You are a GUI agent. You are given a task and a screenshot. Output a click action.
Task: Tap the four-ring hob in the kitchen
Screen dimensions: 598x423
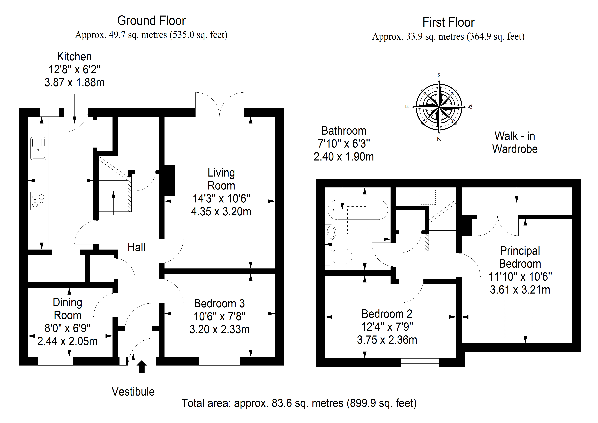click(x=38, y=201)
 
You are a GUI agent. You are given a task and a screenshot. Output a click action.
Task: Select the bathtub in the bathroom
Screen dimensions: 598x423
click(x=358, y=210)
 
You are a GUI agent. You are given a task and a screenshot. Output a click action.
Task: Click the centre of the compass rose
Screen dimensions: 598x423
click(x=439, y=107)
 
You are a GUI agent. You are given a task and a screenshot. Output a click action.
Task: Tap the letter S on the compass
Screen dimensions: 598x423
click(x=439, y=75)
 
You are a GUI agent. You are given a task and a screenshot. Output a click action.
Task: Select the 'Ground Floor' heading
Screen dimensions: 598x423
click(x=151, y=21)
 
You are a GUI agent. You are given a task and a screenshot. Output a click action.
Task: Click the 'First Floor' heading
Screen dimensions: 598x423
click(x=448, y=22)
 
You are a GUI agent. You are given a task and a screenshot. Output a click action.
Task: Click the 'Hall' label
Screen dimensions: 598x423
click(x=137, y=247)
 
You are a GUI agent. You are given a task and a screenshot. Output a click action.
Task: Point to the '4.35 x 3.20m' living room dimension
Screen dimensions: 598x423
click(x=221, y=212)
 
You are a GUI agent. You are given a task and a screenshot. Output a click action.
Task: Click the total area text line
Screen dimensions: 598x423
click(x=299, y=403)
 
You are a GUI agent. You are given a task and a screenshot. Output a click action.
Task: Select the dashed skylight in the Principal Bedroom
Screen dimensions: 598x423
click(x=518, y=319)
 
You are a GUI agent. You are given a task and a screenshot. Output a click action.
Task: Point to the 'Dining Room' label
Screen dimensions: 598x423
click(x=68, y=309)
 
